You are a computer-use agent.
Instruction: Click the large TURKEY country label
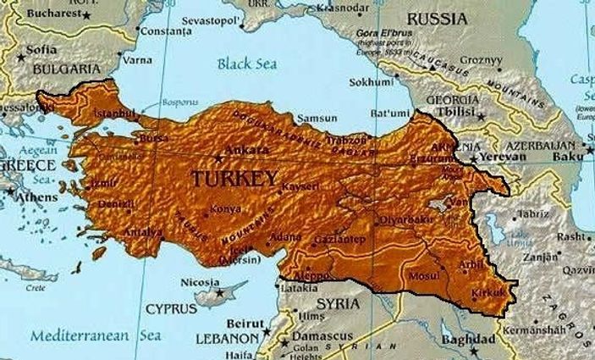[x=234, y=179]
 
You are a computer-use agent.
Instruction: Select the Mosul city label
[x=419, y=276]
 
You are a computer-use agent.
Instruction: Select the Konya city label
[x=226, y=209]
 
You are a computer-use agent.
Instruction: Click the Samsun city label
[x=321, y=119]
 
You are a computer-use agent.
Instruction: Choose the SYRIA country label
[x=338, y=303]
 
